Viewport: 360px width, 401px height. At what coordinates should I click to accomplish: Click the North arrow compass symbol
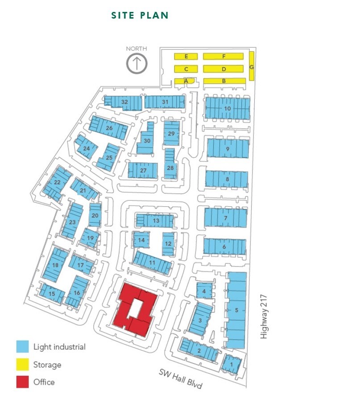(137, 63)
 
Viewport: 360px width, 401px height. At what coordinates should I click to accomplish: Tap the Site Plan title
(140, 16)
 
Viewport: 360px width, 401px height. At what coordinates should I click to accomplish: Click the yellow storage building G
(252, 66)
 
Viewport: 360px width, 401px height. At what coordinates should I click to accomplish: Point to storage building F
(223, 57)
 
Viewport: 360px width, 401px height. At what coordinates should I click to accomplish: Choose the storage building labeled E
(186, 57)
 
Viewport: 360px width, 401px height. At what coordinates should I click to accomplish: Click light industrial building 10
(227, 108)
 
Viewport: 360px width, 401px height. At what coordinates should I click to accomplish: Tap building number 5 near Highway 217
(236, 310)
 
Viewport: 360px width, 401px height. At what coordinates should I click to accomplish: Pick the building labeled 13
(155, 220)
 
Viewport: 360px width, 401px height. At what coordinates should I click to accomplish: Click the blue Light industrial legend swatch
(23, 347)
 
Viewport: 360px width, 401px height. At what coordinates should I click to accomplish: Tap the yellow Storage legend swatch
(23, 365)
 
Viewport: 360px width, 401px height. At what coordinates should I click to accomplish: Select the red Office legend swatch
(23, 382)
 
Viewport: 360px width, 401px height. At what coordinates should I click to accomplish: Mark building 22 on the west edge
(57, 183)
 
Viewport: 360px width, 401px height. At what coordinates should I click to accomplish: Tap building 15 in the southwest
(52, 293)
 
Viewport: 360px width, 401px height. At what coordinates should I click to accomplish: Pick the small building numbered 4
(204, 291)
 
